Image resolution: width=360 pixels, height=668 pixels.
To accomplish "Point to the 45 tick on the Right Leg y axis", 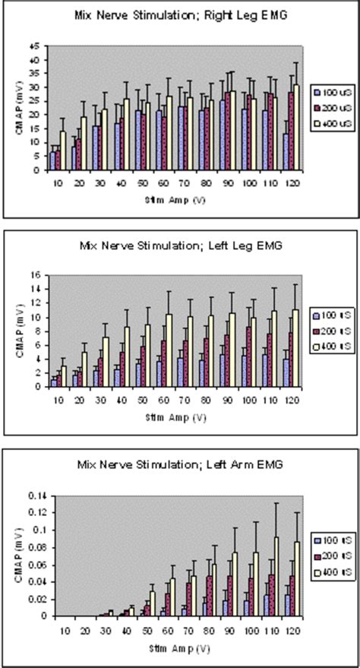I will pos(34,46).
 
